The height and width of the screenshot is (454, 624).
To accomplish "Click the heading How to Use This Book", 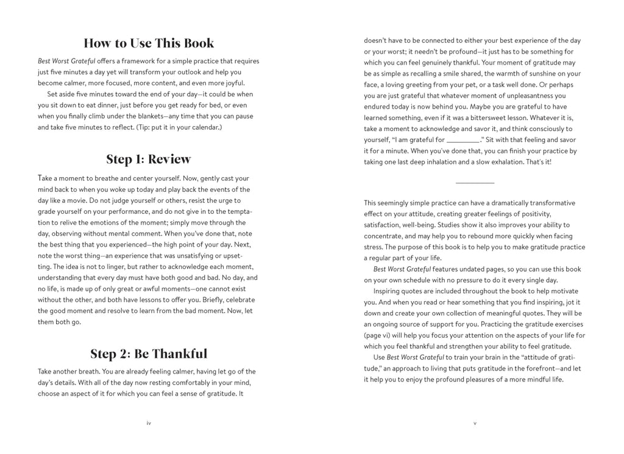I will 149,43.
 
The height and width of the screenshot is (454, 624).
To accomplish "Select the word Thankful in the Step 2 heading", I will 179,354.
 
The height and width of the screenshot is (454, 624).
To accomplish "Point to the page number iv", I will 149,423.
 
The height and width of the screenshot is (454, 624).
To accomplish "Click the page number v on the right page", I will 475,423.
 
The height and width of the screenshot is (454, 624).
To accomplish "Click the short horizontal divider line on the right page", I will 475,183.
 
